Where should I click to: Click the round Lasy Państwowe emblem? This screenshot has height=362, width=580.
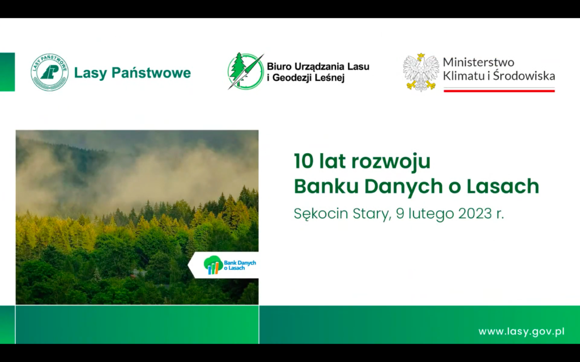click(50, 72)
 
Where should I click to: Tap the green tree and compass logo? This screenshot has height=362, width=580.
click(245, 71)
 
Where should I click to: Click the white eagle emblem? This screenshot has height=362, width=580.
click(421, 72)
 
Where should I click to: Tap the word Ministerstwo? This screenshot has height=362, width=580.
click(478, 62)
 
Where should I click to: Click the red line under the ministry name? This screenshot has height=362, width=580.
click(499, 90)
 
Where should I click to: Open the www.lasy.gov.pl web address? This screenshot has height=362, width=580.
click(522, 331)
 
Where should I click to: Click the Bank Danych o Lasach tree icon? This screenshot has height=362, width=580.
click(213, 265)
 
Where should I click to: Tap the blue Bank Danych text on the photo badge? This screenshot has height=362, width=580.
click(240, 262)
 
